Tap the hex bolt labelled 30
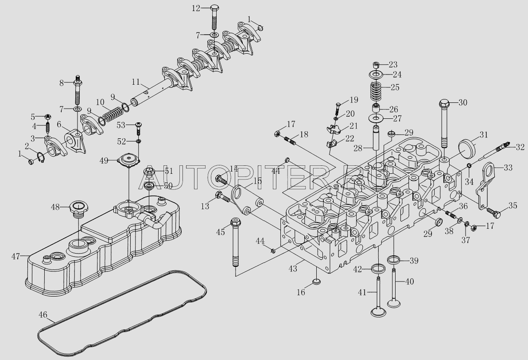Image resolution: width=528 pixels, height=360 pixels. (444, 124)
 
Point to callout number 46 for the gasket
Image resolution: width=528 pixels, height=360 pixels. (43, 315)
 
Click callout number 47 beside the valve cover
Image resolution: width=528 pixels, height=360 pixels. (16, 256)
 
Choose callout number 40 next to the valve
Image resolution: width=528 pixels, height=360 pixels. (410, 281)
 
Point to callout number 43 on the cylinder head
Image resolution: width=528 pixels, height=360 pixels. (293, 269)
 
